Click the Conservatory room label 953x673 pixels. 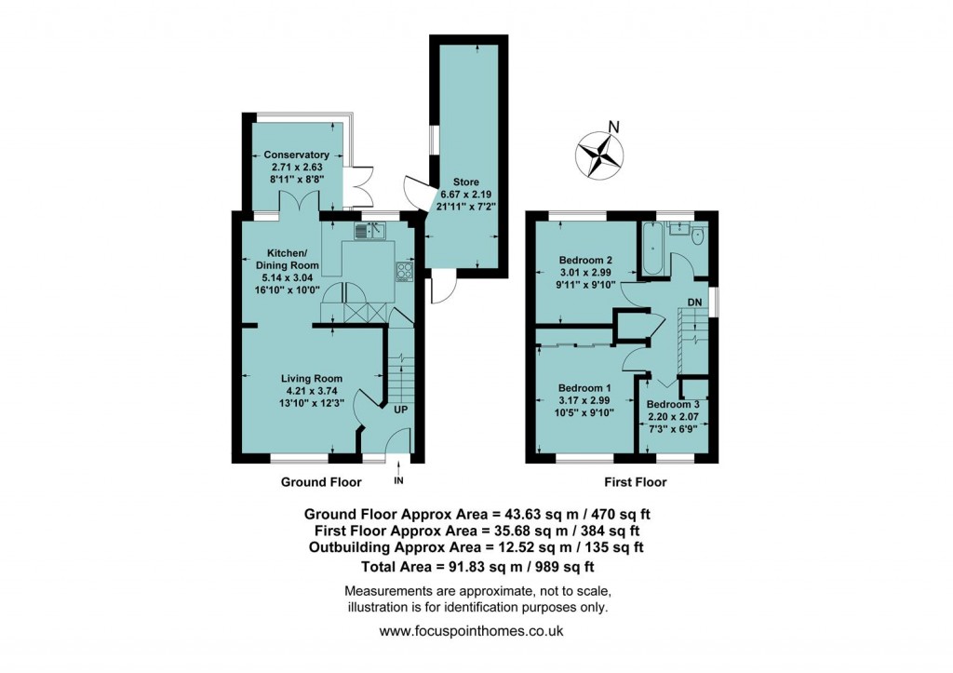tap(296, 155)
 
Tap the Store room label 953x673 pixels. tap(465, 182)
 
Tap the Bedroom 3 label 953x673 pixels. tap(673, 404)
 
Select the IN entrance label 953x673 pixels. tap(398, 480)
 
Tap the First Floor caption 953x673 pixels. tap(634, 482)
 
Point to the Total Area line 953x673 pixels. tap(476, 565)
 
